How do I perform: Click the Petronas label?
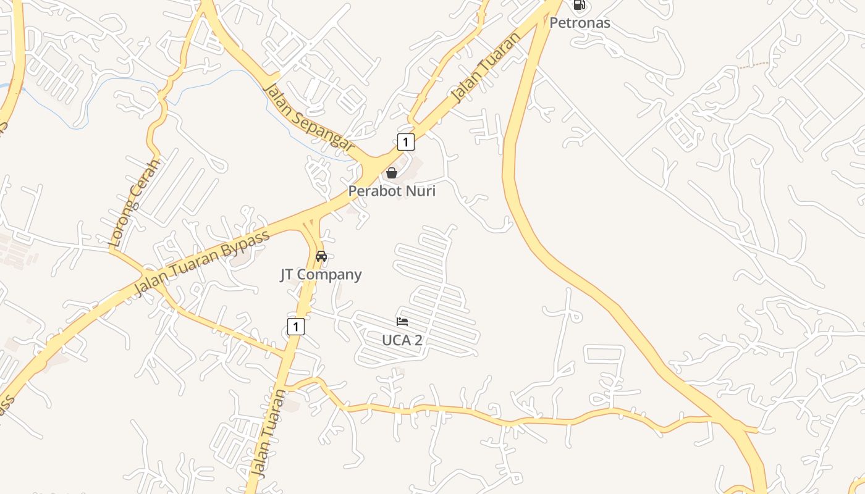[x=580, y=23]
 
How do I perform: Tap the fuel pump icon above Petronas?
[x=579, y=5]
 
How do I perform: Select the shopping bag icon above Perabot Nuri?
[x=391, y=173]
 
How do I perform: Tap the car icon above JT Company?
[x=321, y=256]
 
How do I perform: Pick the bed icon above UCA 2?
[x=402, y=322]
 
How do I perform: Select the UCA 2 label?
[x=402, y=340]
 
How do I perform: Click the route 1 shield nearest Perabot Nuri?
[x=405, y=142]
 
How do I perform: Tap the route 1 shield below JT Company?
[x=296, y=327]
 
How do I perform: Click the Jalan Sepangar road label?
[x=309, y=117]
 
